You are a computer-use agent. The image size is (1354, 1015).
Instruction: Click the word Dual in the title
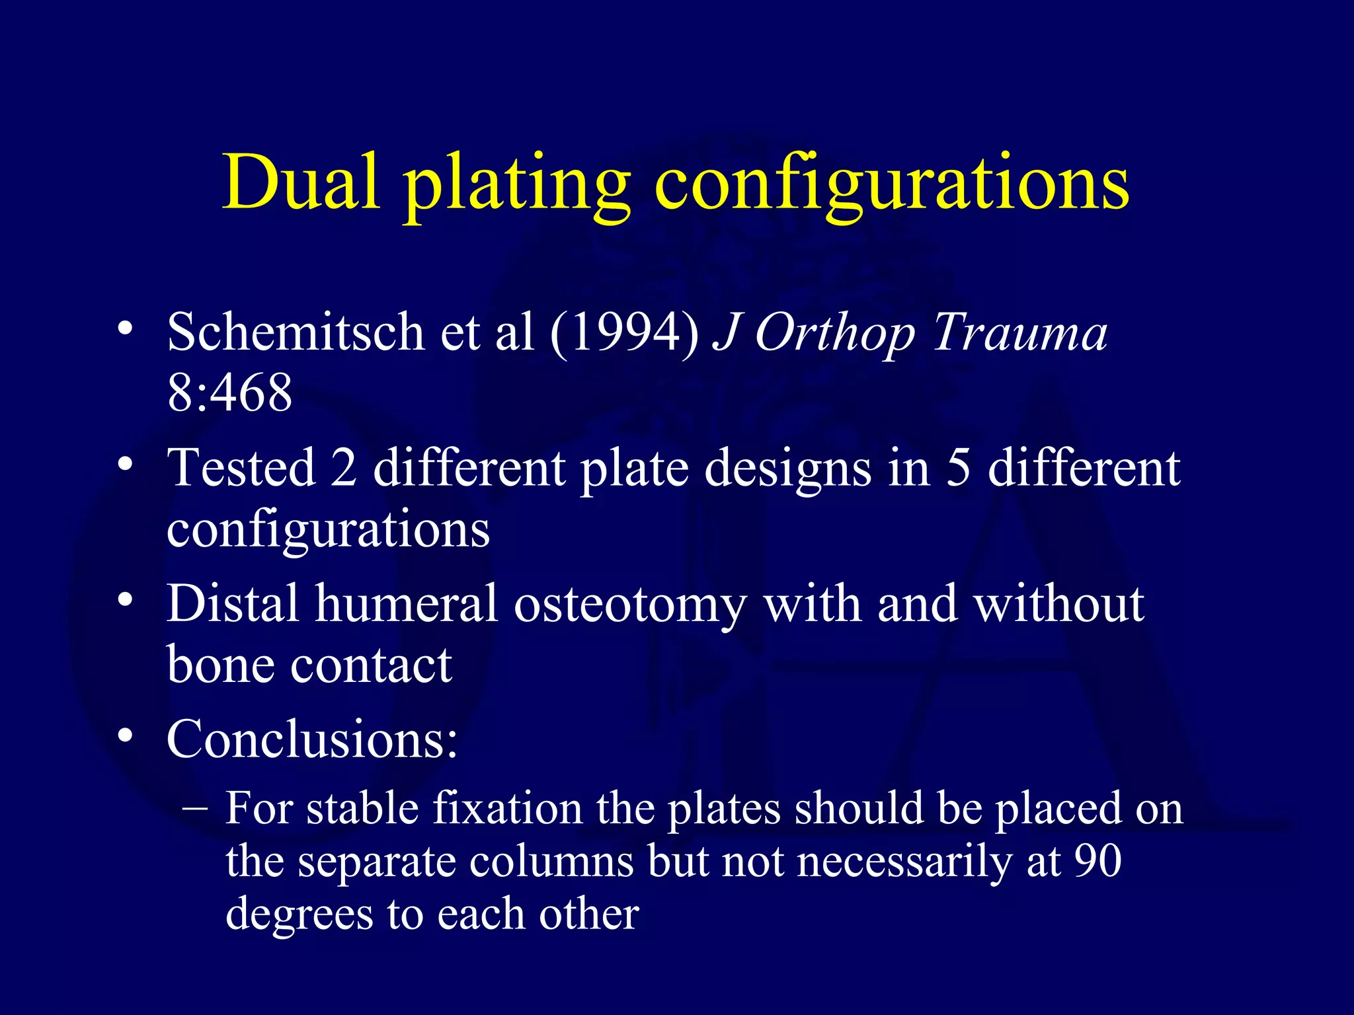pos(301,182)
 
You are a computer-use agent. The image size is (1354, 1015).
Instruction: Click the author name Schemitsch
pos(295,332)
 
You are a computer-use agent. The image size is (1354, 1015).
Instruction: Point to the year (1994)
pos(624,332)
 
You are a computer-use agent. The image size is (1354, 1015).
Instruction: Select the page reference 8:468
pos(229,393)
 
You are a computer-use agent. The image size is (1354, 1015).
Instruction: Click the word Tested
pos(241,468)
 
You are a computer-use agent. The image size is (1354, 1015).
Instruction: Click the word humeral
pos(405,603)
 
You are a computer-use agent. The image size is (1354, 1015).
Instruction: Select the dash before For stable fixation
pos(195,808)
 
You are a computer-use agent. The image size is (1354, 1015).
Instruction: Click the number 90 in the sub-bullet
pos(1097,860)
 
